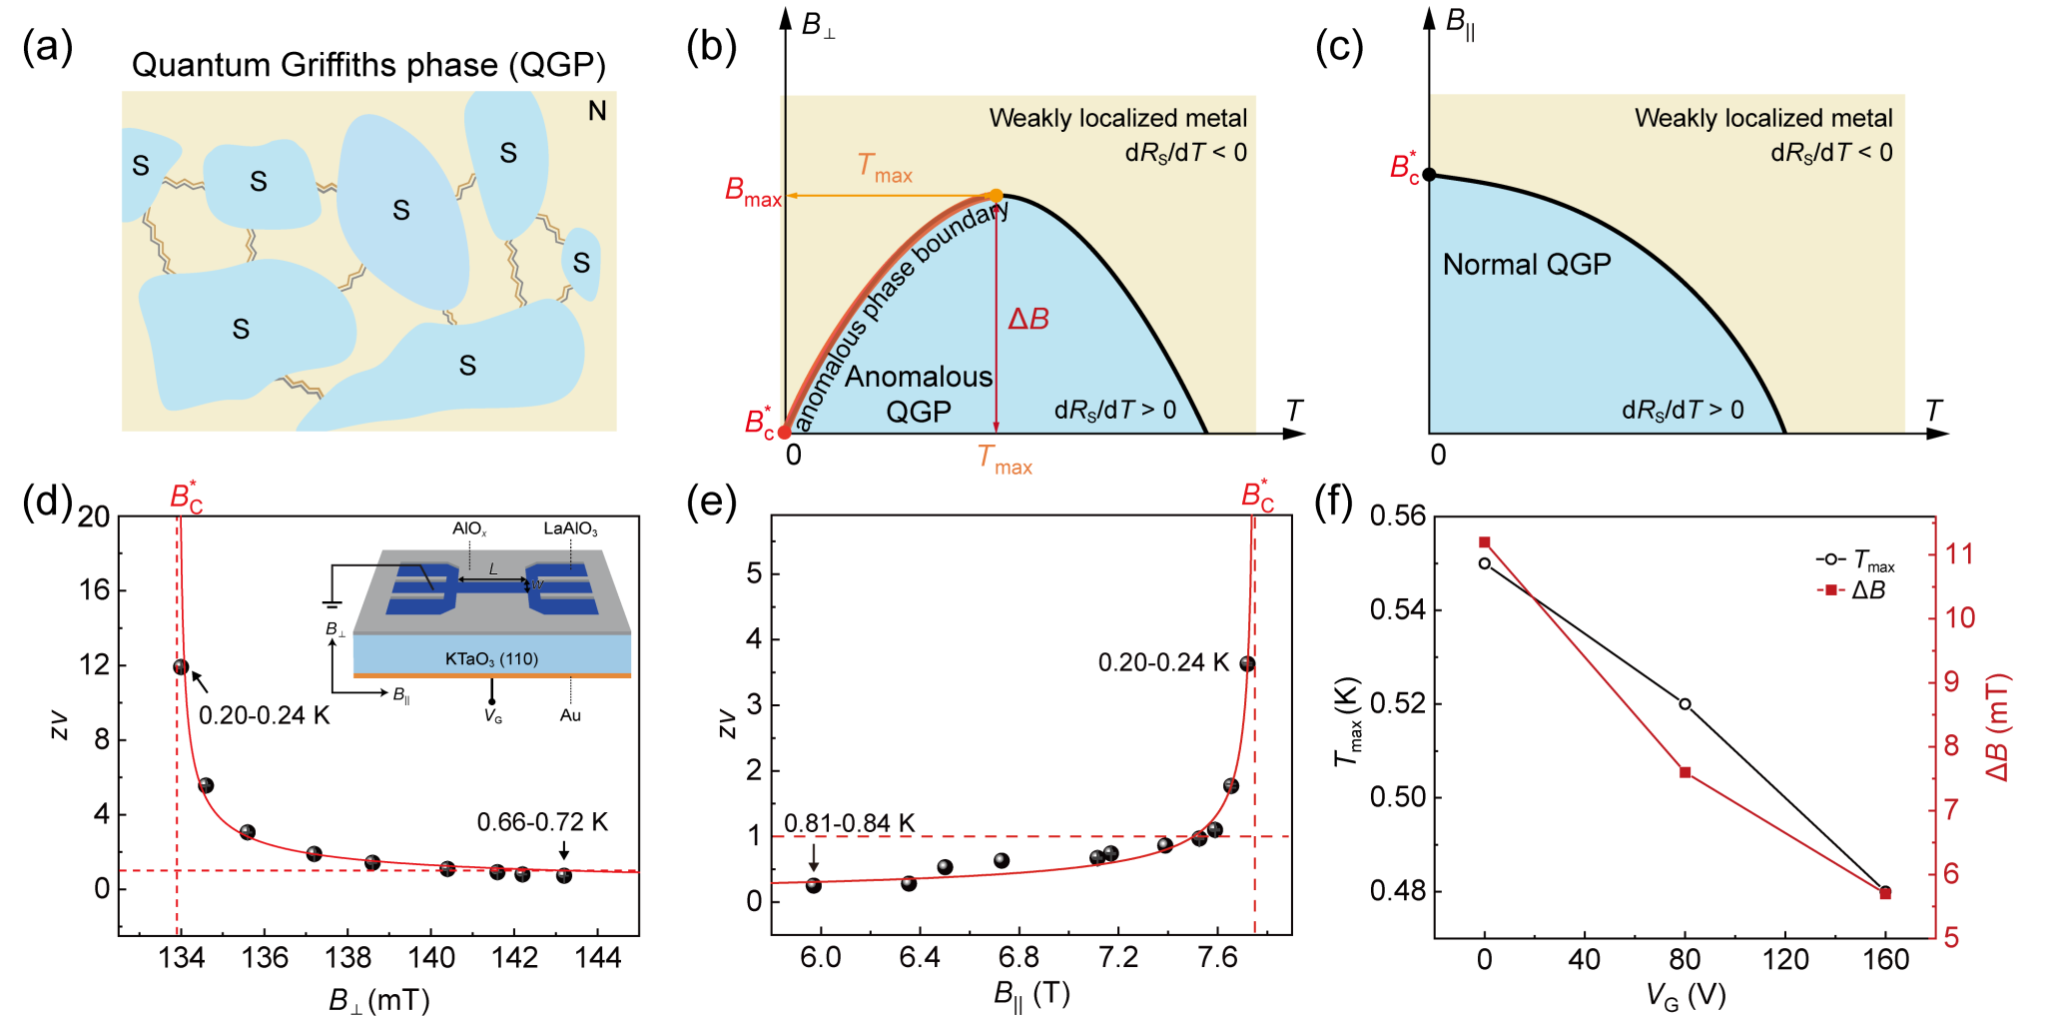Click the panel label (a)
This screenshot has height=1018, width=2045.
pyautogui.click(x=47, y=47)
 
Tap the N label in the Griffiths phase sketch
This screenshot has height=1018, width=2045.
pyautogui.click(x=597, y=111)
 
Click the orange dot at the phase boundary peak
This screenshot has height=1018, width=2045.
pyautogui.click(x=996, y=195)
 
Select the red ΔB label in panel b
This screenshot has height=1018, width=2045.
pyautogui.click(x=1027, y=319)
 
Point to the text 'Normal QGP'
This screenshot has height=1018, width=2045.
pyautogui.click(x=1526, y=265)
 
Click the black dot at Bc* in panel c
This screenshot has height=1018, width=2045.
pyautogui.click(x=1429, y=175)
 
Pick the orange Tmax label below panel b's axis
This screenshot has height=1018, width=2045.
pyautogui.click(x=1004, y=460)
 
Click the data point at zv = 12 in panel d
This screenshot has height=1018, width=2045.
pyautogui.click(x=181, y=667)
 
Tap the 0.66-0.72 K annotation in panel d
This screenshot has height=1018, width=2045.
pyautogui.click(x=541, y=822)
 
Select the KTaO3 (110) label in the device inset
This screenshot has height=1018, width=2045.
pyautogui.click(x=491, y=659)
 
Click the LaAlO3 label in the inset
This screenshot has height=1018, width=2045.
pyautogui.click(x=570, y=528)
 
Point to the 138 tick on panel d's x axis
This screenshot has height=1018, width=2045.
pyautogui.click(x=347, y=958)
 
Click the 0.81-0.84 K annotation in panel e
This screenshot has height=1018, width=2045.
pyautogui.click(x=849, y=823)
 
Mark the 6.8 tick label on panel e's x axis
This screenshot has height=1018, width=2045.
pyautogui.click(x=1019, y=958)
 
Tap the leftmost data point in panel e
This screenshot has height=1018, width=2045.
pyautogui.click(x=814, y=885)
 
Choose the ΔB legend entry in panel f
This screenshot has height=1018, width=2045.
pyautogui.click(x=1853, y=590)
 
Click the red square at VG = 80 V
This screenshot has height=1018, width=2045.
pyautogui.click(x=1686, y=772)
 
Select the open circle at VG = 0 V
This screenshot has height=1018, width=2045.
pyautogui.click(x=1485, y=563)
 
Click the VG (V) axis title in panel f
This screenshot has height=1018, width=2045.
pyautogui.click(x=1686, y=995)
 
